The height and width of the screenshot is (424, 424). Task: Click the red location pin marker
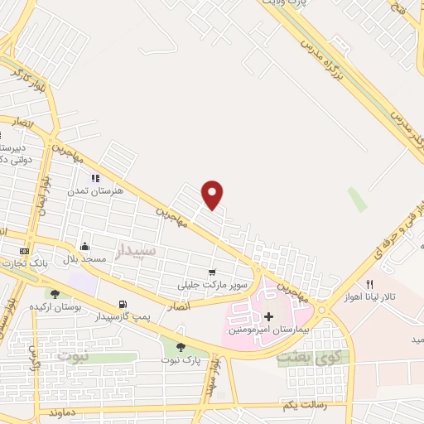(x=213, y=194)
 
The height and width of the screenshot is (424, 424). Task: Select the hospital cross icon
(x=268, y=317)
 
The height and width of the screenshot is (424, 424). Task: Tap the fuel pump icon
(x=123, y=305)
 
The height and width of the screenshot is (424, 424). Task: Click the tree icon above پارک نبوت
(x=181, y=348)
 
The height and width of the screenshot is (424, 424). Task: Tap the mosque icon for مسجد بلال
(x=84, y=246)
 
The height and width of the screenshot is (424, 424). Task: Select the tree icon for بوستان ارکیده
(x=55, y=294)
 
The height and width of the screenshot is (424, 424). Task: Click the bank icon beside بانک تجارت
(x=24, y=251)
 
